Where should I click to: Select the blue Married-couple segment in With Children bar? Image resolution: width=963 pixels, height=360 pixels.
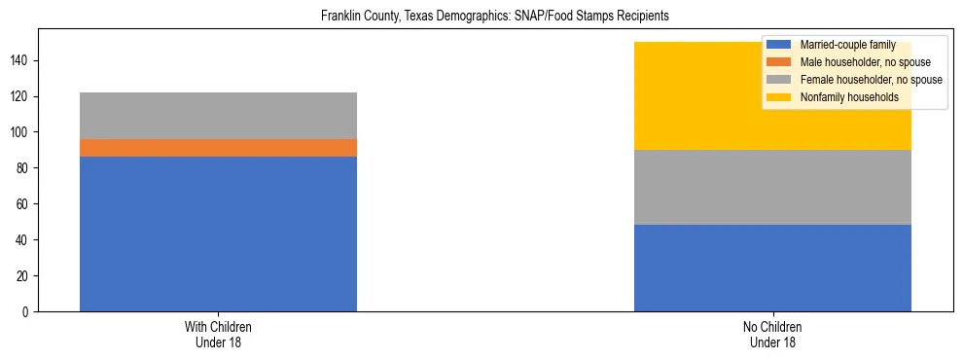click(x=218, y=234)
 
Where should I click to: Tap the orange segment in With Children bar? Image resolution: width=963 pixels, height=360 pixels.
click(x=218, y=148)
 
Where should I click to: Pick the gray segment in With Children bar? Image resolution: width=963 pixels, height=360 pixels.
click(x=218, y=116)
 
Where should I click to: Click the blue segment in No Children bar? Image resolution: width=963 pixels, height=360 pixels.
click(x=772, y=268)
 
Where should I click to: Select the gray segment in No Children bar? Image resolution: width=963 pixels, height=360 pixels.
click(x=772, y=188)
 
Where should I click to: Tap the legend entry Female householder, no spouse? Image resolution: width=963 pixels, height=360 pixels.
click(x=870, y=80)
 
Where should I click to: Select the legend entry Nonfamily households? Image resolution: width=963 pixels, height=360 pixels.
click(x=842, y=97)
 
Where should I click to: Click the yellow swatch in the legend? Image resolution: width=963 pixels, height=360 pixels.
click(x=780, y=97)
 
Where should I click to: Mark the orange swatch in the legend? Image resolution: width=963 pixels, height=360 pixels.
click(x=780, y=62)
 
